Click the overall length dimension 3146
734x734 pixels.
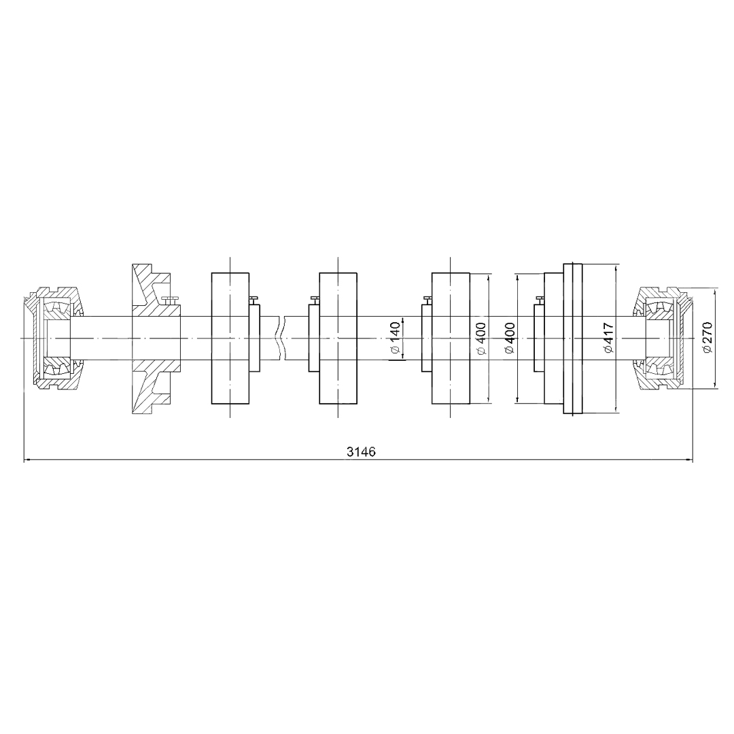(361, 452)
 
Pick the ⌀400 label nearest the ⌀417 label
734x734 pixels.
(510, 338)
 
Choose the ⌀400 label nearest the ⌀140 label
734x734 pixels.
(480, 338)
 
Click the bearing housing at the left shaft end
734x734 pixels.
(54, 338)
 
